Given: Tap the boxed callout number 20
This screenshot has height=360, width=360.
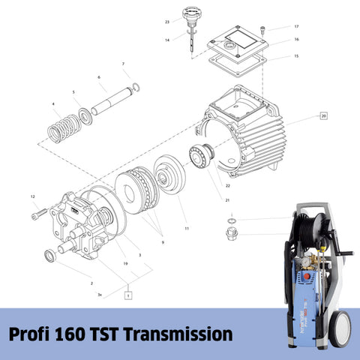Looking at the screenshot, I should [x=323, y=116].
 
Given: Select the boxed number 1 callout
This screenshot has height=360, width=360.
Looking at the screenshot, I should [x=128, y=295].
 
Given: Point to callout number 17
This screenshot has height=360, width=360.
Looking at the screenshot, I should [x=295, y=26].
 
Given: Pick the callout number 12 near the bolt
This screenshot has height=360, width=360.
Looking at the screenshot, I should [x=33, y=196].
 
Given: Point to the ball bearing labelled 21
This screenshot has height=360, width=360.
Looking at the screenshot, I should [x=204, y=156].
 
